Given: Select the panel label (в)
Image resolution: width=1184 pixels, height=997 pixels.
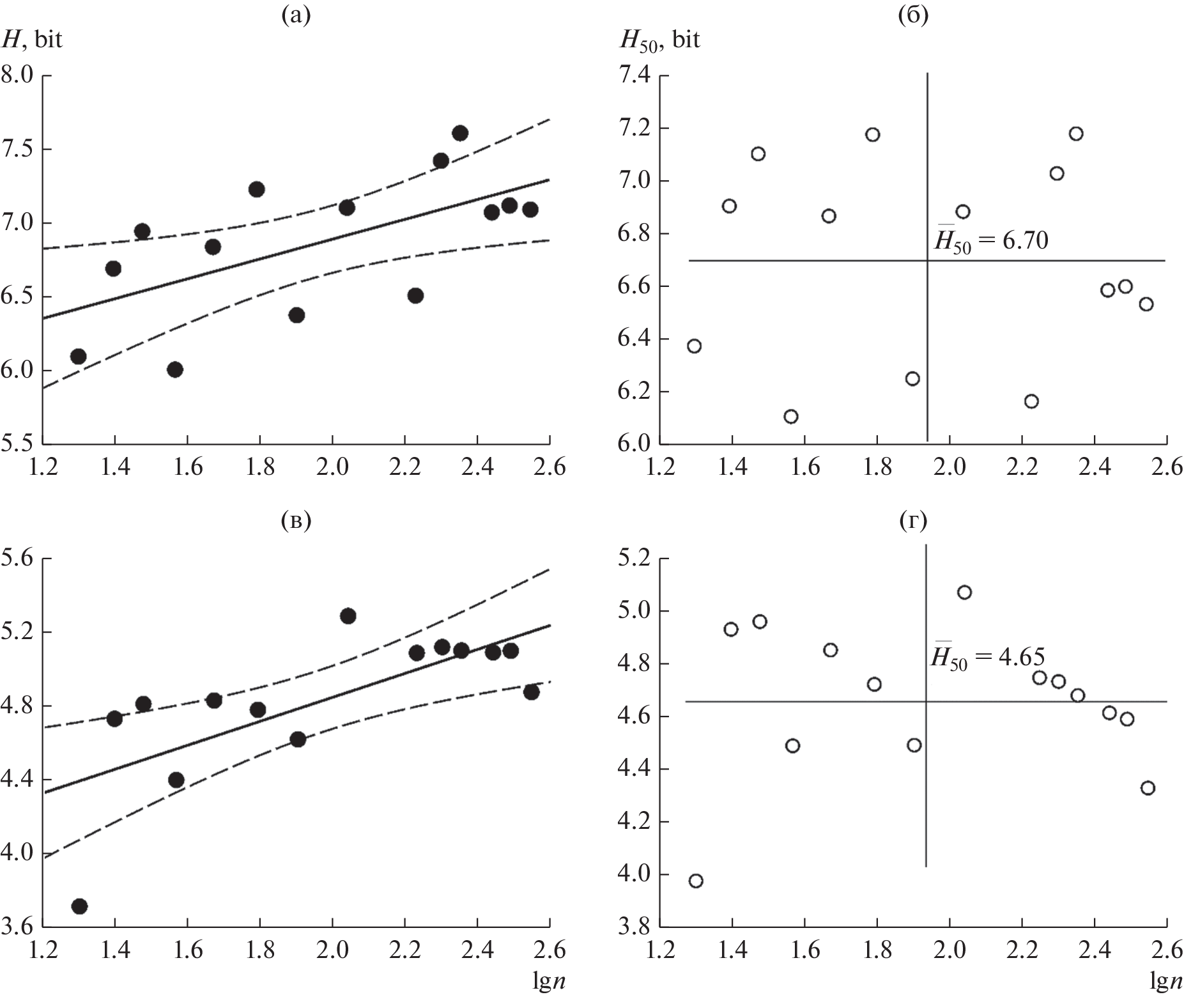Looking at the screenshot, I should [x=296, y=522].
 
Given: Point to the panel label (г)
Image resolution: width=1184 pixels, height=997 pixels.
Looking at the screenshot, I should [x=913, y=522].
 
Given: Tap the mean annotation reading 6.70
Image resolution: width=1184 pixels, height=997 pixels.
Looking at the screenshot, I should [x=990, y=241].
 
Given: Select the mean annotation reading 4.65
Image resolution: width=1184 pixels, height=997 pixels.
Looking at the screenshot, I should [x=987, y=658].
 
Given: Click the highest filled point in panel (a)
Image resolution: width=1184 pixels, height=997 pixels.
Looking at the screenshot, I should [x=460, y=133].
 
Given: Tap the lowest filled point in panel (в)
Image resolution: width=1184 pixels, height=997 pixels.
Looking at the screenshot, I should [x=80, y=906].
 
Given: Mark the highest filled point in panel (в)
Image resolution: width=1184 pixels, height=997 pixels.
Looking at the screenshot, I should [x=348, y=616].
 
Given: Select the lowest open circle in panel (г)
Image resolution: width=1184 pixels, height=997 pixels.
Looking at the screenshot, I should [x=696, y=881].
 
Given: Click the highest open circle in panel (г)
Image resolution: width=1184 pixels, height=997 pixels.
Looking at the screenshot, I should [x=964, y=592].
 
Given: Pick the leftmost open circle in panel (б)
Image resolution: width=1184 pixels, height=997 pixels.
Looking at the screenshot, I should [x=695, y=346].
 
